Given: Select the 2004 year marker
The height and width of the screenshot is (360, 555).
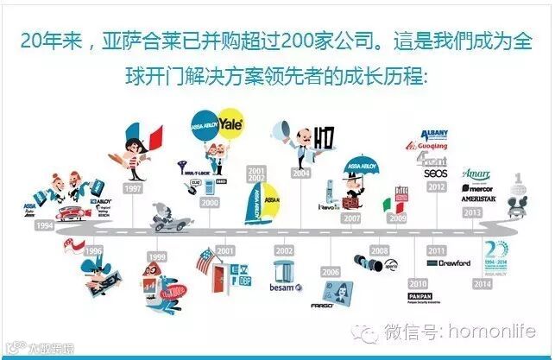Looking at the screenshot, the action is pos(300,173).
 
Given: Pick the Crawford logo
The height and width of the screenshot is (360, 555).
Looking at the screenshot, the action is pos(453,263).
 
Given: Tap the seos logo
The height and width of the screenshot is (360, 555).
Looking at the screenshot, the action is pos(434,172).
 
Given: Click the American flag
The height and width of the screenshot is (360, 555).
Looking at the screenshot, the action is pos(203,259).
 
